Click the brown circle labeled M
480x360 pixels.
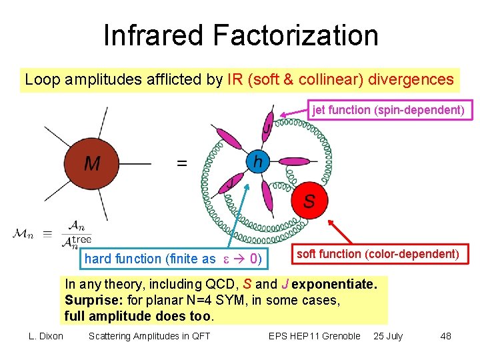click(x=91, y=163)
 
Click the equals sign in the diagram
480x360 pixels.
click(x=181, y=163)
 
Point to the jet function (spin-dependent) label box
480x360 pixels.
click(x=389, y=110)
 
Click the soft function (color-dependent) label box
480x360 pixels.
click(x=377, y=254)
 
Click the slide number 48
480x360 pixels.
click(x=445, y=336)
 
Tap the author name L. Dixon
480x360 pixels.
click(x=46, y=336)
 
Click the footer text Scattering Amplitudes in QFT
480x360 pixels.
click(x=149, y=336)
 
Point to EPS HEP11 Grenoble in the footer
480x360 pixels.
click(x=315, y=336)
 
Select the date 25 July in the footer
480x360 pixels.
click(x=388, y=336)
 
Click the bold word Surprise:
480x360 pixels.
click(x=92, y=300)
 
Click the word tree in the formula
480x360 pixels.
click(x=81, y=239)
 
